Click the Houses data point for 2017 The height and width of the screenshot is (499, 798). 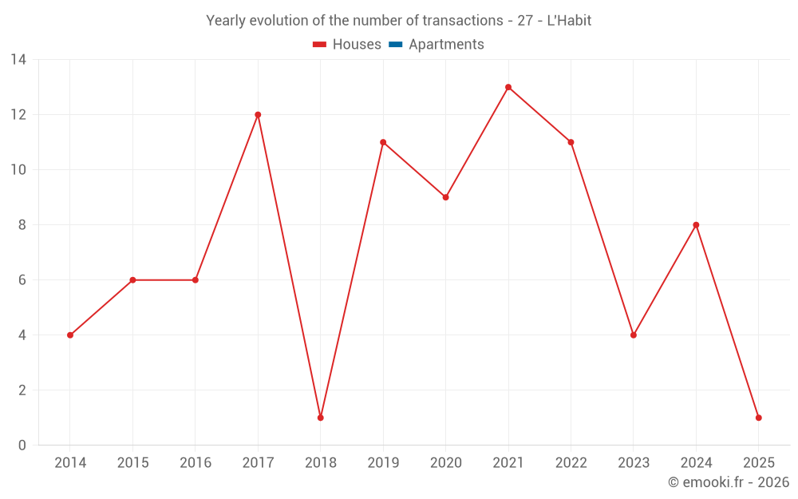258,115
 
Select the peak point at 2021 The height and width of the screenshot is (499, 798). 508,87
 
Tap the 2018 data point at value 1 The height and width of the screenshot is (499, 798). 320,418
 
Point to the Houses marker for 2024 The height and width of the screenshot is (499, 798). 696,225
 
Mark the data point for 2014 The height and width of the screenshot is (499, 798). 70,335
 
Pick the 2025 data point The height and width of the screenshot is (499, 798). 758,418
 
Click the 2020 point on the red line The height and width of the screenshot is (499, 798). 445,197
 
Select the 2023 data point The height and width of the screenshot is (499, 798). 634,335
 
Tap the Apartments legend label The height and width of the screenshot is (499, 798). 446,45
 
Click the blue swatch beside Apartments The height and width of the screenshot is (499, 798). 396,45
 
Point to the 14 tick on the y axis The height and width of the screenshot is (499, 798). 18,60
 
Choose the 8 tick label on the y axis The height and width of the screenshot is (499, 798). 22,225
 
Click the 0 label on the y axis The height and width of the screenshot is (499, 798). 22,446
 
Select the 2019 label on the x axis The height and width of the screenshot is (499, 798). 383,463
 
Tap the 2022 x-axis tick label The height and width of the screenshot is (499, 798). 571,463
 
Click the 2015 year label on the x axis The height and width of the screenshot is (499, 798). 132,463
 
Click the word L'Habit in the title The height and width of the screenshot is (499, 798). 569,21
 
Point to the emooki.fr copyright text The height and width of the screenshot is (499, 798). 729,482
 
